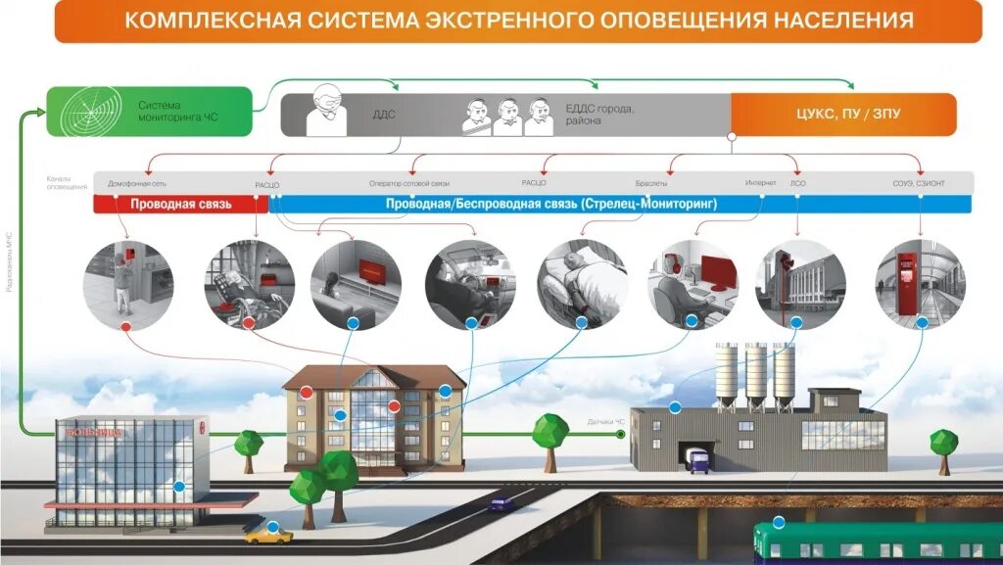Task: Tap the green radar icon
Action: tap(83, 111)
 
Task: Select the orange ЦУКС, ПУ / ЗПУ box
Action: tap(842, 114)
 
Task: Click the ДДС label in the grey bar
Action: tap(384, 115)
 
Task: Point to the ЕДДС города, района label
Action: tap(600, 115)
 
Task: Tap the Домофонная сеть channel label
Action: tap(137, 183)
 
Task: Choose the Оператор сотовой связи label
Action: tap(408, 183)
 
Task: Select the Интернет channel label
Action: tap(760, 183)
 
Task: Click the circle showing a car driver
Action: tap(469, 283)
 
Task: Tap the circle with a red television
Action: tap(356, 283)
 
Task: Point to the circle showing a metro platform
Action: tap(919, 283)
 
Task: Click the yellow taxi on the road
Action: tap(267, 535)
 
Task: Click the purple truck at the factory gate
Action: tap(698, 459)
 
